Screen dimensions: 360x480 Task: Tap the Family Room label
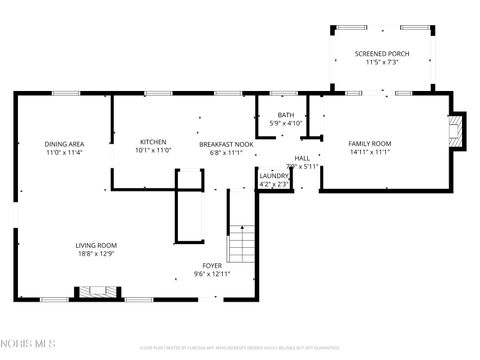click(369, 144)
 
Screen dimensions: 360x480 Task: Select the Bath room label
click(286, 115)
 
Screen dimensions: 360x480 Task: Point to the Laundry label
click(274, 175)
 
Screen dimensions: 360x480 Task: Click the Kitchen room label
click(153, 142)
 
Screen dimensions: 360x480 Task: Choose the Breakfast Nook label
click(226, 144)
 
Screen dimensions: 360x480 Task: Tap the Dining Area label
click(63, 144)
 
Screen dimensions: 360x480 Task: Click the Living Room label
click(97, 245)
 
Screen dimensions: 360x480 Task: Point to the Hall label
click(302, 158)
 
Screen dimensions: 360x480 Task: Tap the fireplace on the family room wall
click(456, 131)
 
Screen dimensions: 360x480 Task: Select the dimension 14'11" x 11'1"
click(369, 153)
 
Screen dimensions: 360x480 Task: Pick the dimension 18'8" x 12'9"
click(97, 254)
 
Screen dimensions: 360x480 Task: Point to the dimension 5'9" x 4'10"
click(286, 124)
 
